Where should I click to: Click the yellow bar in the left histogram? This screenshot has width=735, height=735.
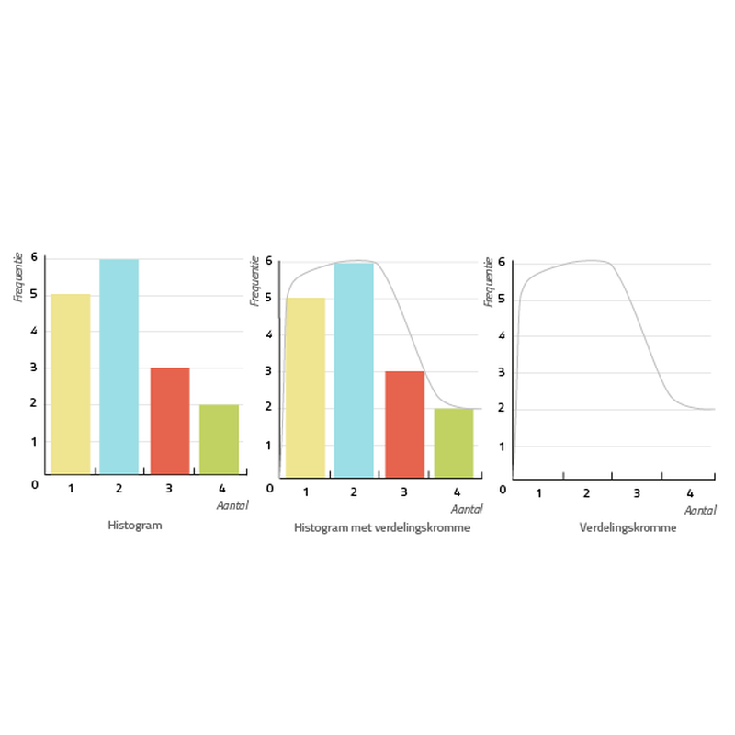click(x=71, y=383)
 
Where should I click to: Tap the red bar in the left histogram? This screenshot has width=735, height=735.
click(x=170, y=420)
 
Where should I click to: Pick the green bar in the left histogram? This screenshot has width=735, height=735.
click(x=219, y=438)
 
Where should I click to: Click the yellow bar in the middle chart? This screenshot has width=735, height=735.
click(x=306, y=387)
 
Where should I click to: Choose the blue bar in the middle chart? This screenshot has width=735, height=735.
click(x=354, y=369)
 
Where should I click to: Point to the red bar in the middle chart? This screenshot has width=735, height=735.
click(x=404, y=424)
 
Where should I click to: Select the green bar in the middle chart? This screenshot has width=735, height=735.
click(x=454, y=442)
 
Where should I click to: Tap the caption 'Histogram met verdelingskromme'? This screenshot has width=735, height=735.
click(x=382, y=528)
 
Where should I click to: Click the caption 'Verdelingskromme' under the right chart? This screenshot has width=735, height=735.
click(x=628, y=528)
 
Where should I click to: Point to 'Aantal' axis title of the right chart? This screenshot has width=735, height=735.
click(x=700, y=510)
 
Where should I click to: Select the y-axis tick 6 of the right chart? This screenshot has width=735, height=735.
click(x=503, y=263)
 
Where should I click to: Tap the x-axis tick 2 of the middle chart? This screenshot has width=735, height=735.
click(x=354, y=494)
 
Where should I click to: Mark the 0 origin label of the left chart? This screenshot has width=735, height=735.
click(x=35, y=484)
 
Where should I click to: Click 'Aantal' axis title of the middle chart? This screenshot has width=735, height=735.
click(x=467, y=509)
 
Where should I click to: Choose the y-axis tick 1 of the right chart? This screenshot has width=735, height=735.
click(x=503, y=447)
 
